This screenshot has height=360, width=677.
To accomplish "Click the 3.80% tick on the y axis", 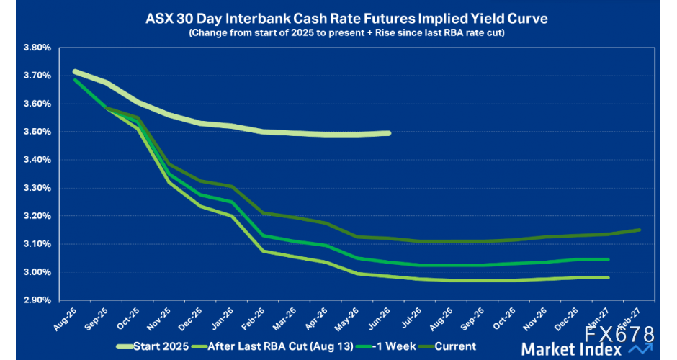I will pyautogui.click(x=37, y=48).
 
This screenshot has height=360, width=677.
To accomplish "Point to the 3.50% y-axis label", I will pyautogui.click(x=37, y=132).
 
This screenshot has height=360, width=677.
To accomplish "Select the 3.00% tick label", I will pyautogui.click(x=37, y=272).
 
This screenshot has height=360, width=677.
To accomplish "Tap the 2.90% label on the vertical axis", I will pyautogui.click(x=37, y=300).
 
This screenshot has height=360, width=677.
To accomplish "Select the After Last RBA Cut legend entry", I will pyautogui.click(x=274, y=346).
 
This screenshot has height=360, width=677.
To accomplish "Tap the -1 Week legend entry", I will pyautogui.click(x=389, y=346).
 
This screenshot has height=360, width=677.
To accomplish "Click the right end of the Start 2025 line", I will pyautogui.click(x=389, y=133).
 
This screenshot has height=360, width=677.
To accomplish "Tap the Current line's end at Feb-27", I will pyautogui.click(x=640, y=230).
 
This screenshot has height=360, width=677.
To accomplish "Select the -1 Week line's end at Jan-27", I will pyautogui.click(x=609, y=260).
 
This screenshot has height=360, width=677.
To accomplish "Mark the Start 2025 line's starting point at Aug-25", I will pyautogui.click(x=74, y=71).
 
